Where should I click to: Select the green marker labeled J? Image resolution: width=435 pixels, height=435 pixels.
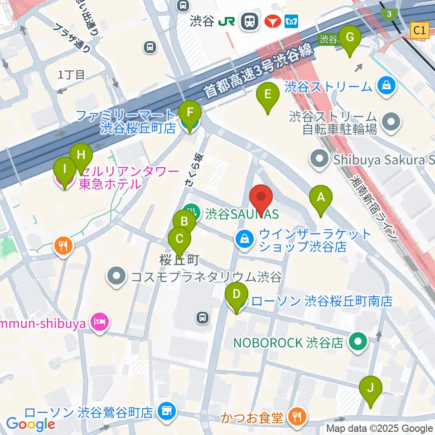[371, 388]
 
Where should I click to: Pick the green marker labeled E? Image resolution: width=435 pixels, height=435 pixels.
[267, 95]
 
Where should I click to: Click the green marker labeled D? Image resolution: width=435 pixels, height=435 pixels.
[236, 295]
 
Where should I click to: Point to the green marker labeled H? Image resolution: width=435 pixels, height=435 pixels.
[81, 155]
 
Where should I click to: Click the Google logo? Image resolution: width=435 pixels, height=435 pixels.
[30, 424]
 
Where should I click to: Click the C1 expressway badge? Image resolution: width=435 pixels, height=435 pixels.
[420, 31]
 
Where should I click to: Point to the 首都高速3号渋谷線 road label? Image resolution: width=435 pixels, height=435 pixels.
[258, 72]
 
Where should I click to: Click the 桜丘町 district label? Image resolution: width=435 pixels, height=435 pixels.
[180, 261]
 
